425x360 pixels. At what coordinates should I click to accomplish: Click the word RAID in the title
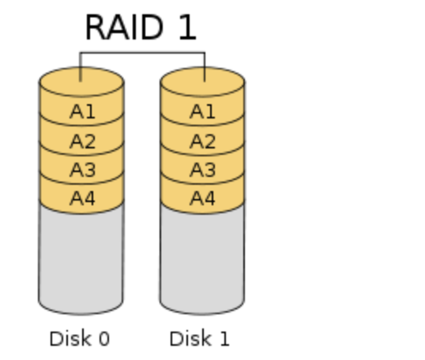(x=124, y=28)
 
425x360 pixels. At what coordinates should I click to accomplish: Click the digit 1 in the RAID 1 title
(x=188, y=28)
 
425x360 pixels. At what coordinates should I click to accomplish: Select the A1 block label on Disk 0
(x=82, y=111)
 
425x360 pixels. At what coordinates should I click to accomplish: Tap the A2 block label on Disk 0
(x=82, y=141)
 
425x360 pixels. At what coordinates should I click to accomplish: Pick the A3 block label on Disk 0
(x=82, y=170)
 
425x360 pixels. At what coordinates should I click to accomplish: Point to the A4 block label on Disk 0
(x=82, y=198)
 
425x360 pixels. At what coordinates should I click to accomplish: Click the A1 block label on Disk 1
(x=202, y=111)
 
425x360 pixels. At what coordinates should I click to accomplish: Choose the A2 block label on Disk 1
(x=202, y=141)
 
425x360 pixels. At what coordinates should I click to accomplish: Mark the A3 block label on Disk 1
(x=202, y=170)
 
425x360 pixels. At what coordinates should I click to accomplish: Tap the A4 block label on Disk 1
(x=202, y=198)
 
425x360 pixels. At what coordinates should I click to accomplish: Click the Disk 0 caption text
(x=80, y=339)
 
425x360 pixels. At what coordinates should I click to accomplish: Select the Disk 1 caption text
(x=200, y=339)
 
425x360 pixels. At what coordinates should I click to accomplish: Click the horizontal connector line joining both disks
(x=142, y=52)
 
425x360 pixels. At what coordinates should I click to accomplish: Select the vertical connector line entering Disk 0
(x=81, y=66)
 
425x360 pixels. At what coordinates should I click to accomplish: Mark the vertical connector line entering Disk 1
(x=205, y=66)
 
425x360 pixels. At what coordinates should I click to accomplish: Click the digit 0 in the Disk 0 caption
(x=104, y=339)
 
